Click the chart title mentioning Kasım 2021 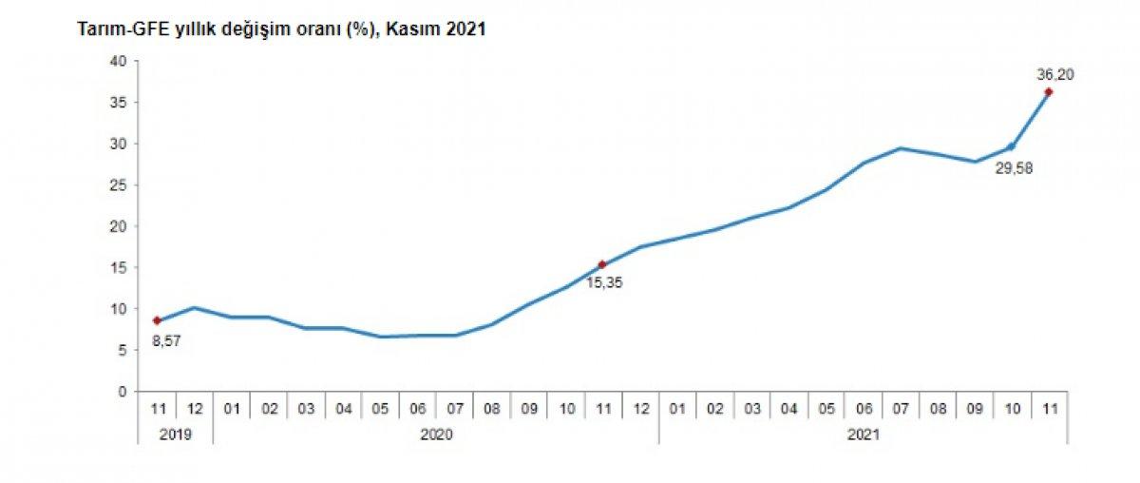click(x=282, y=29)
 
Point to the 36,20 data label click(x=1055, y=74)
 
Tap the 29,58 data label click(x=1014, y=168)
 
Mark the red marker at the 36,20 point click(x=1048, y=92)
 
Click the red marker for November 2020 click(x=602, y=264)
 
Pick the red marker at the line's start click(x=157, y=320)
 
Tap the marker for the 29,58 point click(x=1011, y=146)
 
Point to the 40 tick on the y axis click(x=119, y=61)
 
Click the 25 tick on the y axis click(x=119, y=184)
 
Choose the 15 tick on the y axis click(x=119, y=267)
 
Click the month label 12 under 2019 click(x=194, y=409)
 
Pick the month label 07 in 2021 click(x=900, y=409)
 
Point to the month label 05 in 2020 click(x=380, y=409)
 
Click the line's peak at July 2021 click(x=900, y=148)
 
